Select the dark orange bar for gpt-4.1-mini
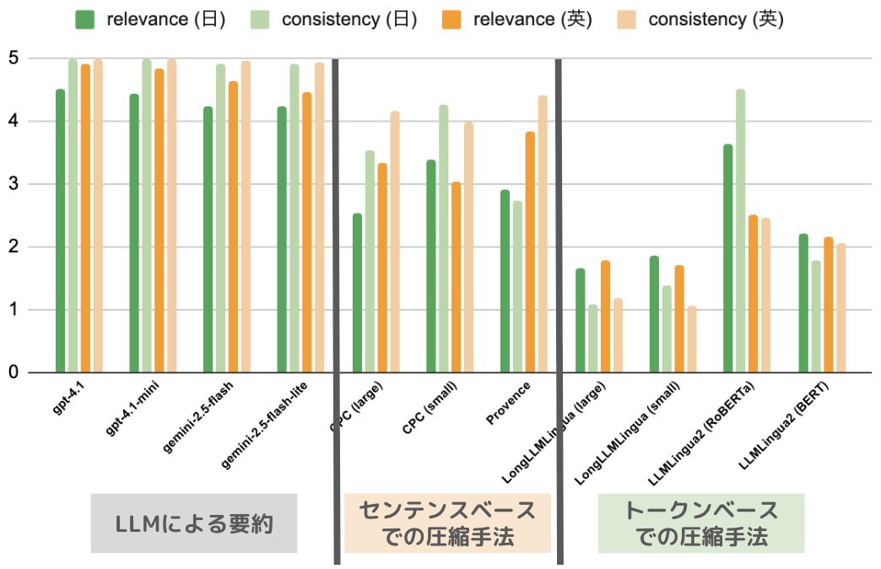pyautogui.click(x=159, y=220)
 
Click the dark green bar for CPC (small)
pyautogui.click(x=431, y=266)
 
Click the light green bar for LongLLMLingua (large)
pyautogui.click(x=592, y=339)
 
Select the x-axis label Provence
pyautogui.click(x=509, y=404)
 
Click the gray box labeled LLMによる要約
pyautogui.click(x=194, y=523)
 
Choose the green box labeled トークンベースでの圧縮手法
pyautogui.click(x=701, y=523)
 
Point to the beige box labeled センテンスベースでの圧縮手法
pyautogui.click(x=447, y=523)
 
